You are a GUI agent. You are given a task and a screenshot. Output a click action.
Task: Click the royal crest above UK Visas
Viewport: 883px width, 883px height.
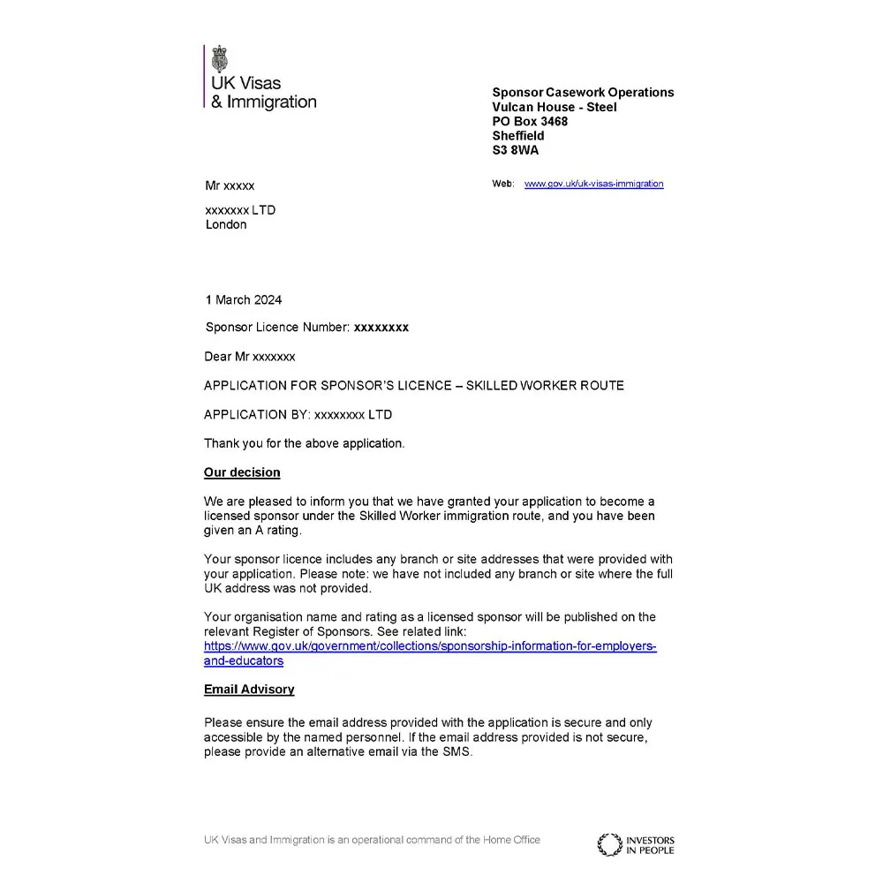[220, 59]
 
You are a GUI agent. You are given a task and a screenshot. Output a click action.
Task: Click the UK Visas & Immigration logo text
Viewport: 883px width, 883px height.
[262, 93]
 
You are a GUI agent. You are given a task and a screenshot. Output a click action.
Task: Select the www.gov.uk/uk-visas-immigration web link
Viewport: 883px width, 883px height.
[593, 184]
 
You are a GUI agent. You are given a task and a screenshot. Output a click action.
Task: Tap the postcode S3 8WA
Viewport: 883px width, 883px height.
[515, 150]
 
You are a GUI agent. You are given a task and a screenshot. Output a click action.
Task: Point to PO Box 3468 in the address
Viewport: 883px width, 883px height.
[530, 121]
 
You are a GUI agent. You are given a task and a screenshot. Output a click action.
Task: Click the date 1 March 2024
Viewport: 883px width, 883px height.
[243, 299]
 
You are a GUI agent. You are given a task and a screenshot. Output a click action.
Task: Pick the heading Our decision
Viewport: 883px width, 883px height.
[242, 472]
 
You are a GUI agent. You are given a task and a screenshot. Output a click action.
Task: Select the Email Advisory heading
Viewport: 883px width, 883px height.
[249, 689]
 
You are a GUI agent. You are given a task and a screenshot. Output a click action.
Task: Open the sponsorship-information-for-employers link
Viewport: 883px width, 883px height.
[430, 646]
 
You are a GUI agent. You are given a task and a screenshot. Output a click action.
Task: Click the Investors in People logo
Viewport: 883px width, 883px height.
[635, 844]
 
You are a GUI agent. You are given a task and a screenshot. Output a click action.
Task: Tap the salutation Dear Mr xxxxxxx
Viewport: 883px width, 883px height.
[250, 357]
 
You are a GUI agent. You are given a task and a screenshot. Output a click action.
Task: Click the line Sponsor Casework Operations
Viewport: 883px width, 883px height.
[583, 93]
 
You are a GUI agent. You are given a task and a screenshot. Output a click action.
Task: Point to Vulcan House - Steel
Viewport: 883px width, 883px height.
[555, 107]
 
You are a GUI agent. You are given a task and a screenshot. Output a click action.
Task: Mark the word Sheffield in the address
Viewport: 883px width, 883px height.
[518, 136]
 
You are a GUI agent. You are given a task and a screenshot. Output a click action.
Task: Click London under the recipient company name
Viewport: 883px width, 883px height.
[226, 224]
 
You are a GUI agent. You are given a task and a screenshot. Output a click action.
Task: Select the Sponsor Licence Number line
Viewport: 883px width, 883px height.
[306, 327]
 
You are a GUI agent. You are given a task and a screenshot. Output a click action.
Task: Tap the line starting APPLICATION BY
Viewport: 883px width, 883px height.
[298, 414]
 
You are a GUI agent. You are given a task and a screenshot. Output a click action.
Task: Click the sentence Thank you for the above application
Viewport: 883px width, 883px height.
[304, 443]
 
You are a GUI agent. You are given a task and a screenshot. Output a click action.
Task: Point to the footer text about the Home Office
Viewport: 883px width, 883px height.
[372, 840]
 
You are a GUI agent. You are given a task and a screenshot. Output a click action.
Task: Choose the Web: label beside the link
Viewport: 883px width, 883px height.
[502, 184]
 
